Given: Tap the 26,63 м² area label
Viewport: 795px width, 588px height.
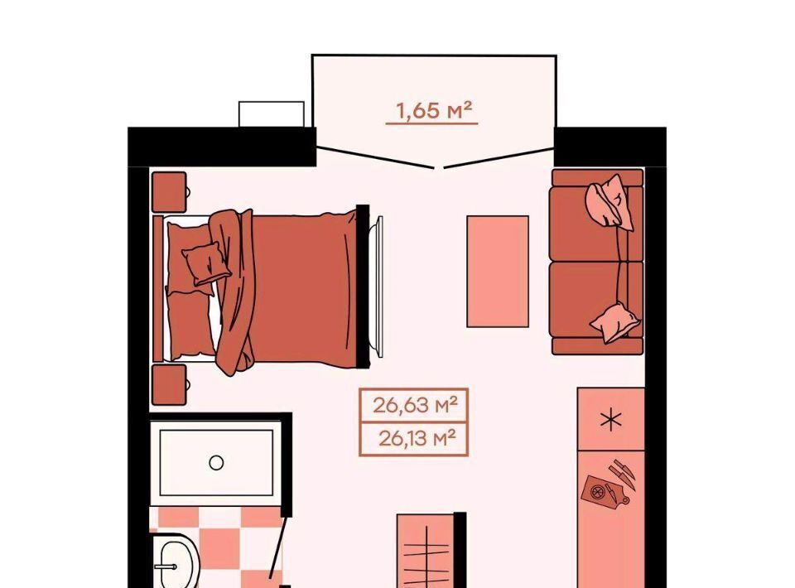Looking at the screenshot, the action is [x=415, y=405].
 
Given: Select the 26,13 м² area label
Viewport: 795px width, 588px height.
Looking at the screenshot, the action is [x=417, y=438].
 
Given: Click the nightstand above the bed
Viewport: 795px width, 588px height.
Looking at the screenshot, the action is [x=170, y=191].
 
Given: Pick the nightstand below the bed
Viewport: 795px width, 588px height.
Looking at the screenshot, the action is [x=170, y=385].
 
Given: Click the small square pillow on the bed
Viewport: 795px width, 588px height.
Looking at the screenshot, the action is [x=206, y=263].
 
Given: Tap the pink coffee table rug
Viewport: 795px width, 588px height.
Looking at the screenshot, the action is [x=498, y=271].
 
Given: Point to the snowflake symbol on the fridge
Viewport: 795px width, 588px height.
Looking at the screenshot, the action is [x=611, y=420].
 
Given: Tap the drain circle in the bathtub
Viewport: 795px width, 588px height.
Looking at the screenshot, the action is [x=216, y=462].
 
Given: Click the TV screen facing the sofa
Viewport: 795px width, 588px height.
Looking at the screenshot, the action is [x=376, y=283].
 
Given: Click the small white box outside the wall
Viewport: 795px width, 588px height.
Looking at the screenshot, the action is [x=272, y=114].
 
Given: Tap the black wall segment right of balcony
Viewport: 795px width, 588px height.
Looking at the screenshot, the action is [x=610, y=147].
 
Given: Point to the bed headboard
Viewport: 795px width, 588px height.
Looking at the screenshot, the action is [x=158, y=288].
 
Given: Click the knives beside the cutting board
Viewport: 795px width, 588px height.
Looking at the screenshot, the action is [x=623, y=474].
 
